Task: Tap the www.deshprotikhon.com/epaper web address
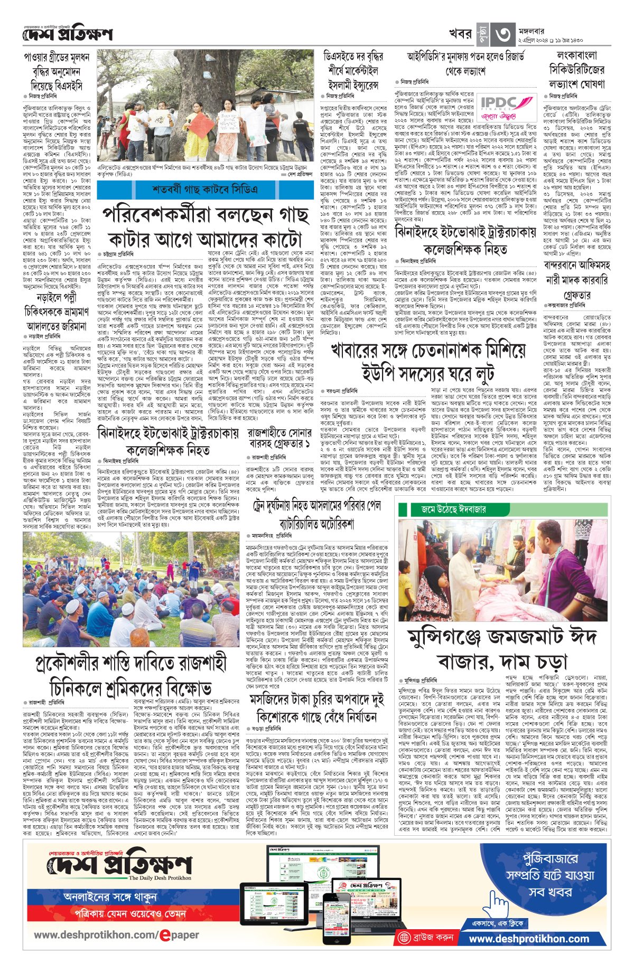pos(116,934)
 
